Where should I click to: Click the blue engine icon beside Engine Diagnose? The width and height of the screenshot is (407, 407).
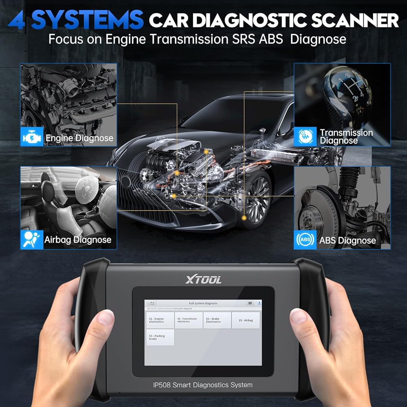point(32,138)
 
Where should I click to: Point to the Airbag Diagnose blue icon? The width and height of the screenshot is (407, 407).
point(32,240)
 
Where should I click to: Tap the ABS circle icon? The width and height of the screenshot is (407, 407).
point(305,240)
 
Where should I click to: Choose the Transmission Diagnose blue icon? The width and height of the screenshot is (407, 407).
point(305,137)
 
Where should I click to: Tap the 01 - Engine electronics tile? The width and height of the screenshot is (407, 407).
point(160,320)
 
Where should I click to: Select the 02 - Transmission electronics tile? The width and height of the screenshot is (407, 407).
point(188,320)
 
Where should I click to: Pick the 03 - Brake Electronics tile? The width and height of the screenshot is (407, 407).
point(217,320)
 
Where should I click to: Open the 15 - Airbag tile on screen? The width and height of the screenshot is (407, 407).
point(246,320)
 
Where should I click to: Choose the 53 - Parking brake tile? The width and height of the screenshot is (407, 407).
point(160,337)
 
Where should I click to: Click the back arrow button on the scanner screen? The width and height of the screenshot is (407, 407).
point(152,303)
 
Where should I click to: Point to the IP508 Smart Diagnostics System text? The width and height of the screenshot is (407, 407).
point(203,385)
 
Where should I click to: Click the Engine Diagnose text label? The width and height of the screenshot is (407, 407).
point(79,138)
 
